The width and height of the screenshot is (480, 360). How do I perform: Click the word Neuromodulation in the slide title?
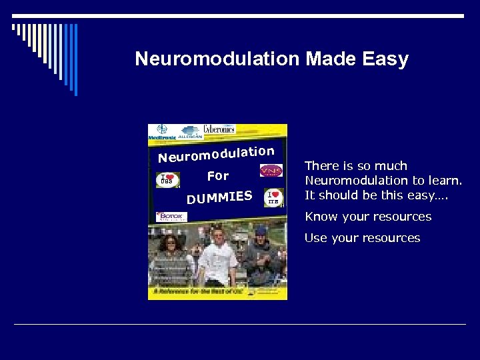click(x=217, y=59)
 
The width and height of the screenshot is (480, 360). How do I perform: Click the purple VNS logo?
click(x=271, y=171)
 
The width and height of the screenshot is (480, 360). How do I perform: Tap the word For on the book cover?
click(x=218, y=177)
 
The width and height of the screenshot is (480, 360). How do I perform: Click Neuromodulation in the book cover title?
click(x=216, y=154)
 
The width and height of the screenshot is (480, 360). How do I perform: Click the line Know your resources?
click(x=368, y=217)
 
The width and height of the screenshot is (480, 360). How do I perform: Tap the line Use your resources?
click(x=362, y=238)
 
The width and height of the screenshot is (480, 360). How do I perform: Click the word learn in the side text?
click(x=443, y=181)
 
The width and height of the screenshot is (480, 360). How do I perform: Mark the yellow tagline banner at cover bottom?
click(x=217, y=291)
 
